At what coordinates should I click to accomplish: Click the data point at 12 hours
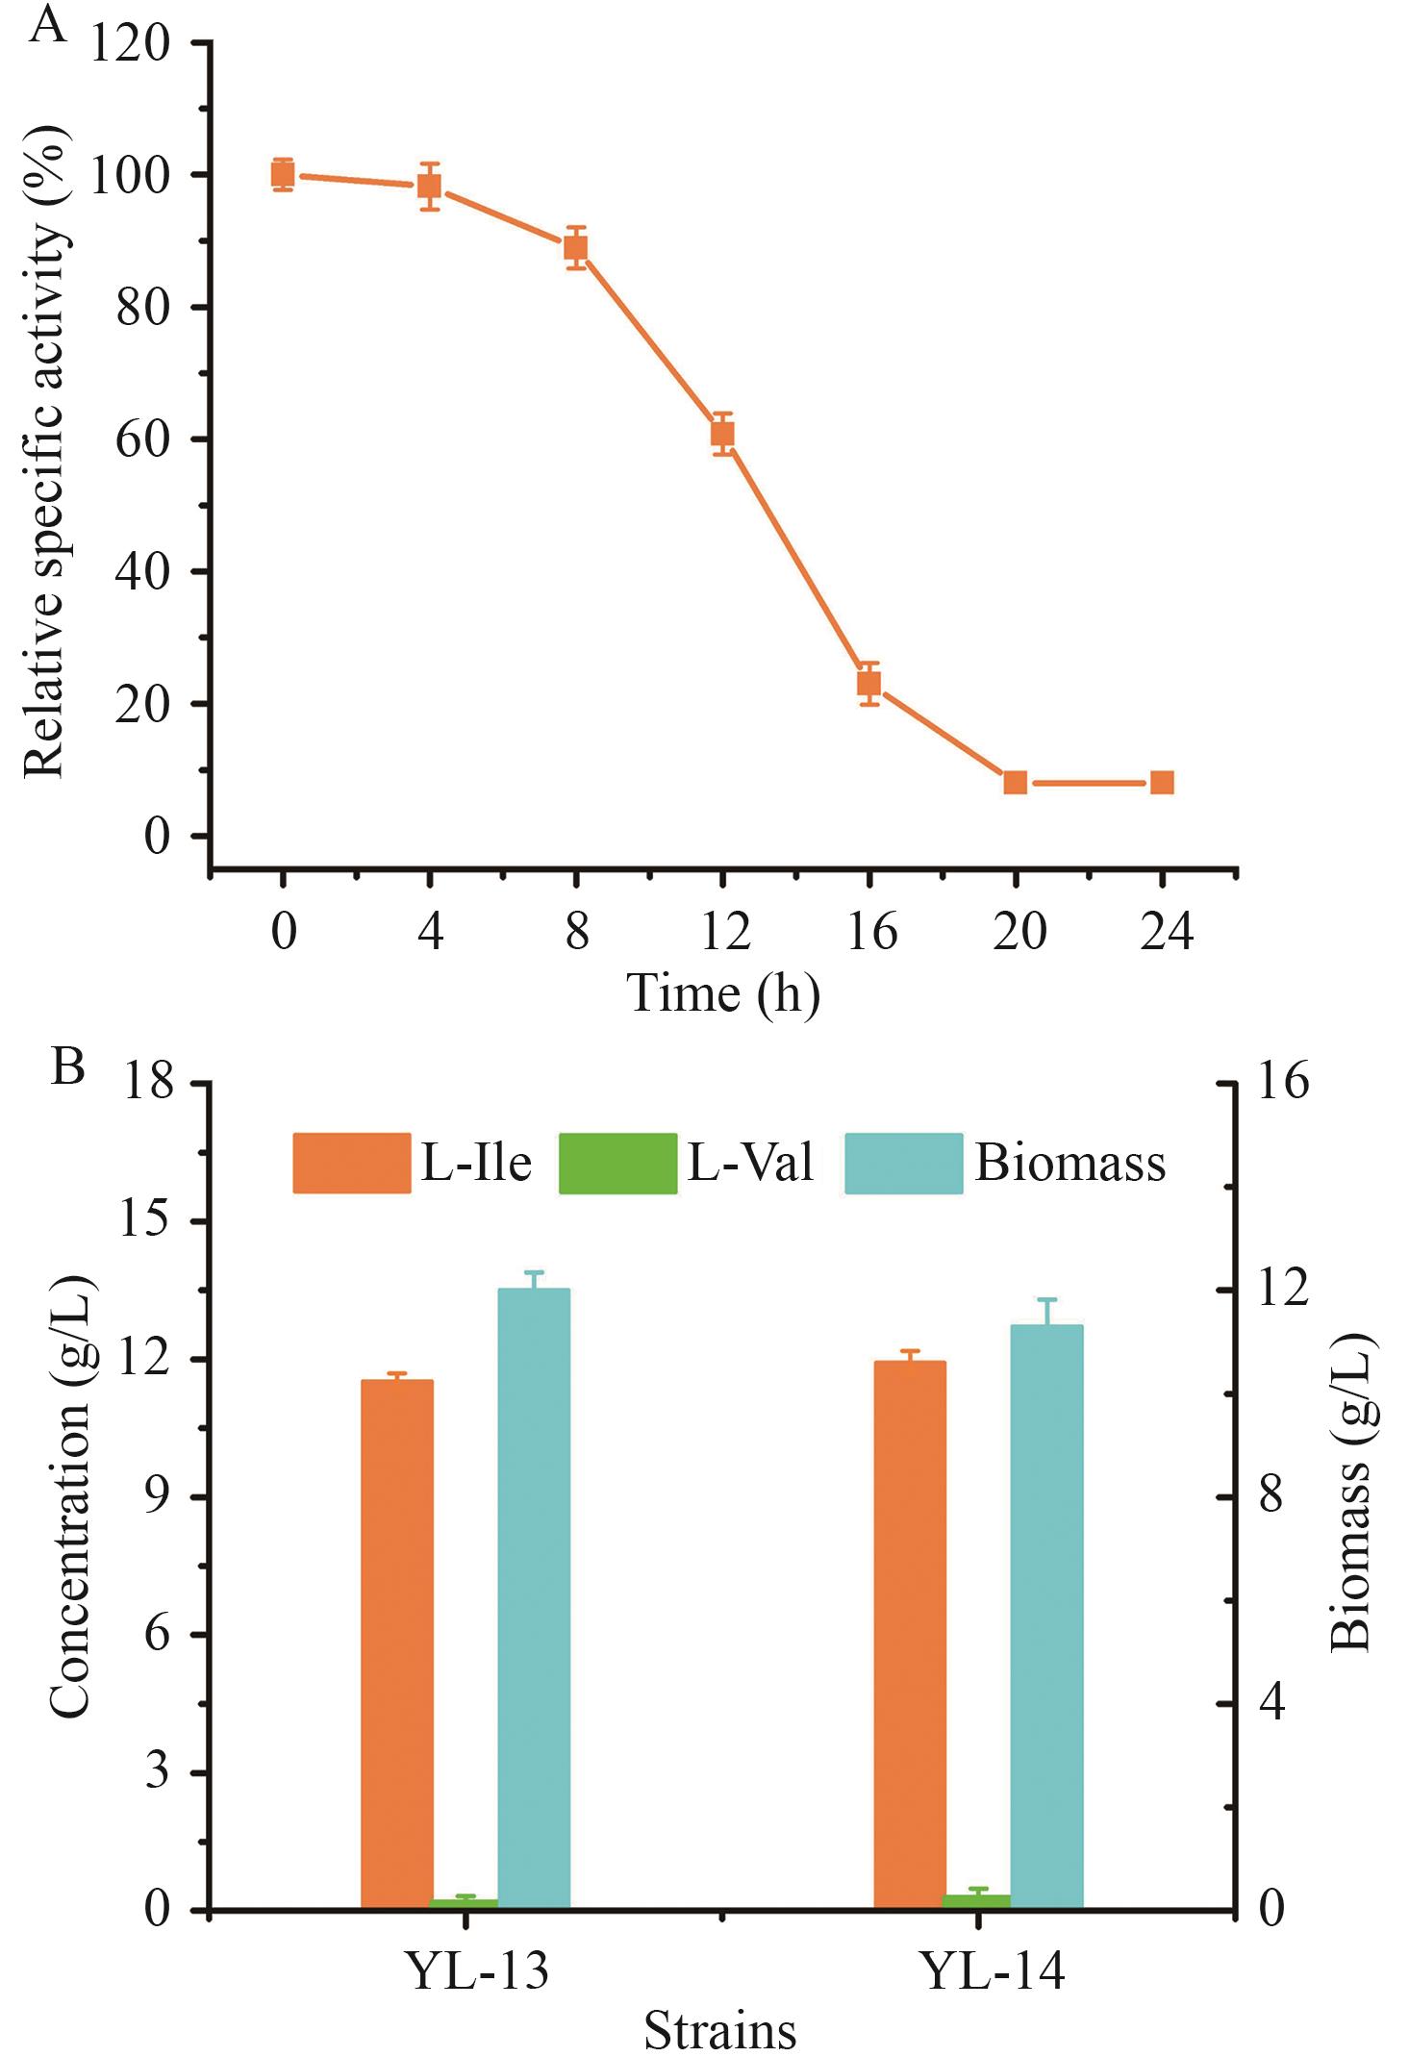[x=722, y=434]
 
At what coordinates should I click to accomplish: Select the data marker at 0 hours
[x=283, y=175]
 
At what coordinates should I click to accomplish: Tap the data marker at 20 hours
[x=1015, y=782]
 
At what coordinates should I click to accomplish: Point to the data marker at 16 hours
[x=869, y=684]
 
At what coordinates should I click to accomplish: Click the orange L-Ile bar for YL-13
[x=397, y=1644]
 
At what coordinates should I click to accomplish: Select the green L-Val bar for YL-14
[x=976, y=1901]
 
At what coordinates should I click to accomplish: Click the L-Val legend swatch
[x=617, y=1164]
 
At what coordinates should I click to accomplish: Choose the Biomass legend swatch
[x=903, y=1164]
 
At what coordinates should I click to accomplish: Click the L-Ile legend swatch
[x=352, y=1164]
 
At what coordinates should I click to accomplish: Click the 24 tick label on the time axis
[x=1166, y=932]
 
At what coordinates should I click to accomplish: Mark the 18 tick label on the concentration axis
[x=147, y=1083]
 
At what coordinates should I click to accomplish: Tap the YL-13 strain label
[x=478, y=1970]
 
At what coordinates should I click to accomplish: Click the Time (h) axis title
[x=723, y=993]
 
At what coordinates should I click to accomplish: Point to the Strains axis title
[x=719, y=2031]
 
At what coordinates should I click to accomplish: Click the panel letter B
[x=68, y=1066]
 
